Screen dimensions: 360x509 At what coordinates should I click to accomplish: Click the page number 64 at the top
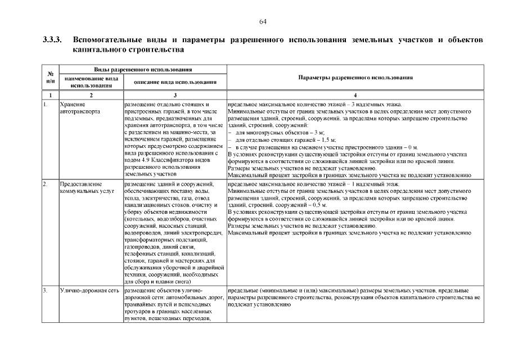[x=263, y=21]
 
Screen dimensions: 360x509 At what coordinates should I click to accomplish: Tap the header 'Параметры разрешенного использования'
[x=355, y=78]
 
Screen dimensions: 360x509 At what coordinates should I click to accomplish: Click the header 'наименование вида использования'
[x=91, y=82]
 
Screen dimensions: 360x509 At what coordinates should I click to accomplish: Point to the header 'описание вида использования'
[x=175, y=82]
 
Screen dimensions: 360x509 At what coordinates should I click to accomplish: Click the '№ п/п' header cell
[x=50, y=78]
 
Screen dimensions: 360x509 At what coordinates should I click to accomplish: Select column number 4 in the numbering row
[x=355, y=96]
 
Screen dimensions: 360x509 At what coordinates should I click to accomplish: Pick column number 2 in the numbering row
[x=91, y=96]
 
